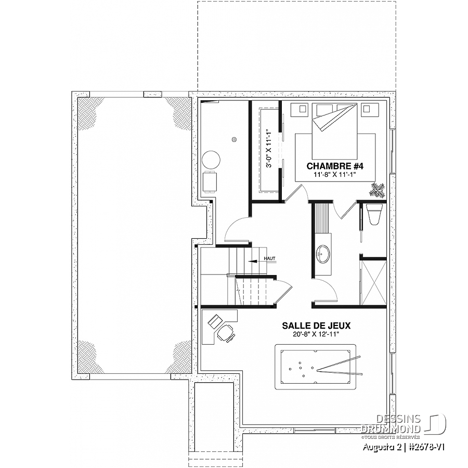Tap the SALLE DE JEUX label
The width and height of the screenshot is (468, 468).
click(x=316, y=326)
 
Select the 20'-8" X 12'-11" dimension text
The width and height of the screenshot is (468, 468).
click(x=316, y=334)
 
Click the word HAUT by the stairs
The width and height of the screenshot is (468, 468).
click(x=269, y=258)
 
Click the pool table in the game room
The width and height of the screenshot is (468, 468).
click(x=315, y=367)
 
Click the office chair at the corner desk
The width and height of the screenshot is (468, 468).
click(x=226, y=333)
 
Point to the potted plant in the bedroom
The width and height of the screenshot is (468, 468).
click(x=378, y=190)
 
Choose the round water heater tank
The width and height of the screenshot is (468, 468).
click(x=211, y=160)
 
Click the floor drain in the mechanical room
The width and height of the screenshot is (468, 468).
click(x=235, y=139)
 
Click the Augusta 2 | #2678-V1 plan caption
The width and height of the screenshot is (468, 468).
click(x=404, y=447)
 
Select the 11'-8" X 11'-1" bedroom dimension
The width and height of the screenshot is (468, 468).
click(x=335, y=174)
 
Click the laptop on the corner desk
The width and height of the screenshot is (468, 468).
click(x=215, y=321)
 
